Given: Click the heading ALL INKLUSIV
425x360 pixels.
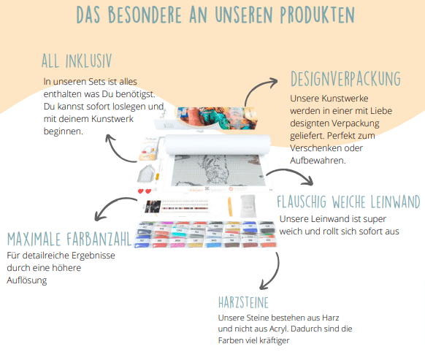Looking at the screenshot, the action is click(77, 61).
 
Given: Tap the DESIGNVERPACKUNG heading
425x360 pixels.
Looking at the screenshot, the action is click(345, 79).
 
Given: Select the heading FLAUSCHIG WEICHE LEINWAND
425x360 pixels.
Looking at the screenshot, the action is click(348, 202).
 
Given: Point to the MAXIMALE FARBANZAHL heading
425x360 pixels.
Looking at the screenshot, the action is click(69, 239).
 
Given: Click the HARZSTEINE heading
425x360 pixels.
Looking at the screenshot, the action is click(243, 302).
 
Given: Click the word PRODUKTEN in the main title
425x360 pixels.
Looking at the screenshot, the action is click(318, 15).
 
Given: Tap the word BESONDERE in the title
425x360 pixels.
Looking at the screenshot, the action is click(145, 15).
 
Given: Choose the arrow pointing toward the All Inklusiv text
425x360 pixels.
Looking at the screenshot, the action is click(117, 152).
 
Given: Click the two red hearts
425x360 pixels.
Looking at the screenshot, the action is click(145, 191).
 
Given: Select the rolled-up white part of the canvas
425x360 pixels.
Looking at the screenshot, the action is click(218, 145).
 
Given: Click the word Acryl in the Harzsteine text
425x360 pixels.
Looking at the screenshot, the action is click(276, 329).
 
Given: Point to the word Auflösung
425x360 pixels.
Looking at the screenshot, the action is click(27, 280).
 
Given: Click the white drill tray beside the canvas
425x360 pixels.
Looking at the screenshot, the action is click(146, 174).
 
